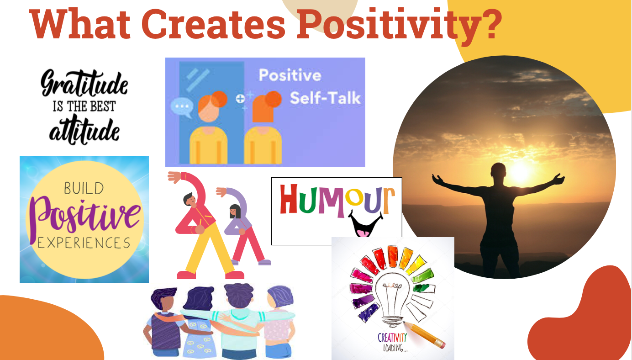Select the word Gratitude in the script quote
84,85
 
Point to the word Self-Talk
325,98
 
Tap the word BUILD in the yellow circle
84,188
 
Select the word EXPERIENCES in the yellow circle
84,242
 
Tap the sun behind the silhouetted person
519,170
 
